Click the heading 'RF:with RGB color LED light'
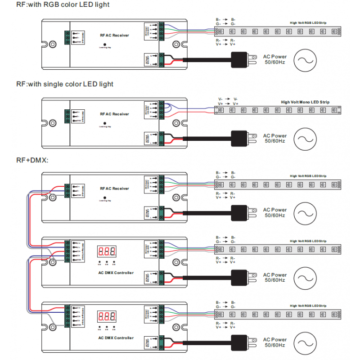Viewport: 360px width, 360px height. point(63,4)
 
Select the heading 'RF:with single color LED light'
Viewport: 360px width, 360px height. point(65,84)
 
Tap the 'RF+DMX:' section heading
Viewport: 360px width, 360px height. point(32,160)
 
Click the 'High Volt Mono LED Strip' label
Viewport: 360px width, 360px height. point(305,102)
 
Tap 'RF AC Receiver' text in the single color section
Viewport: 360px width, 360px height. point(114,114)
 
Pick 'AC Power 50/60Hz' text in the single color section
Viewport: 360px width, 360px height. point(274,138)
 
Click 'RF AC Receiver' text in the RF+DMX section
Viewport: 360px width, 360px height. point(114,189)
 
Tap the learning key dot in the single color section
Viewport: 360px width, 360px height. point(105,123)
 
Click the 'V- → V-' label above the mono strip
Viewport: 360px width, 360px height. point(228,99)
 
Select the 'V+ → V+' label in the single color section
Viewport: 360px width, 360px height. point(228,103)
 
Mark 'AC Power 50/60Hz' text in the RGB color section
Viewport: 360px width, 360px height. point(274,59)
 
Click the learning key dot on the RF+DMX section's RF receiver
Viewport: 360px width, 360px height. point(105,197)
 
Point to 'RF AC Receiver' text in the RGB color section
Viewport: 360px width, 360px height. point(114,34)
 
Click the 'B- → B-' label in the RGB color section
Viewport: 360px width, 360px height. point(225,20)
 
